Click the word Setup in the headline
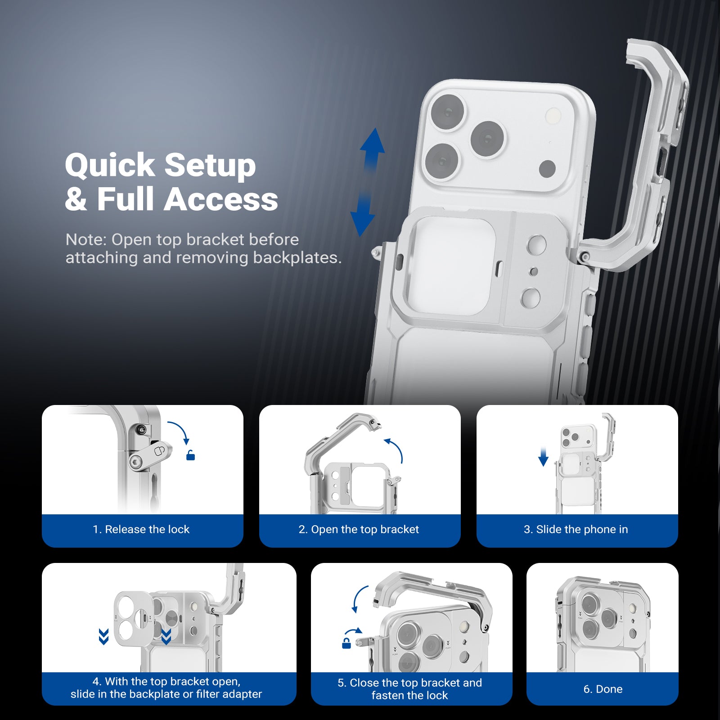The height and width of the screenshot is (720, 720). (x=210, y=166)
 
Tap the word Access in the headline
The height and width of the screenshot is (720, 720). (x=220, y=199)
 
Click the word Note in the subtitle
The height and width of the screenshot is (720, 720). (x=85, y=240)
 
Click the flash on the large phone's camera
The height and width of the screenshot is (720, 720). (x=553, y=116)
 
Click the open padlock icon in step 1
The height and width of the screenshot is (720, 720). (x=190, y=455)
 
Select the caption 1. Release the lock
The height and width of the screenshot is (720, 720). (x=141, y=529)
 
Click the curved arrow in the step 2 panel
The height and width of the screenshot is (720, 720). (x=395, y=450)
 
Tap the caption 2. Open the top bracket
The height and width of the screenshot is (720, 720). (x=359, y=529)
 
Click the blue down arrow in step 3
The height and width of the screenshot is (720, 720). (x=543, y=457)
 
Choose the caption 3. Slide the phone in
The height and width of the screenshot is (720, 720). (x=576, y=529)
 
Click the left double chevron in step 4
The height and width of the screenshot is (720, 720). (x=103, y=637)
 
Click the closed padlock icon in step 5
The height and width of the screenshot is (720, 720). (x=346, y=643)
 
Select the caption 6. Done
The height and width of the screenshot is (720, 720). (x=603, y=689)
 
